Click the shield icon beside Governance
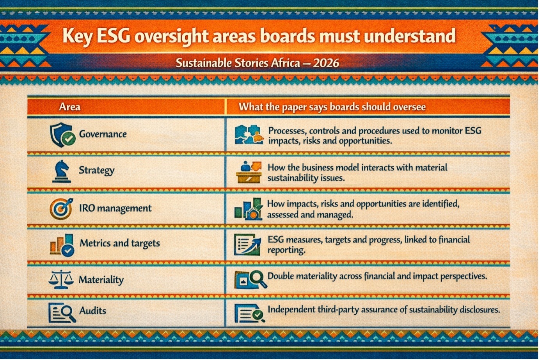click(62, 135)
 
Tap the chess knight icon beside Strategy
click(62, 171)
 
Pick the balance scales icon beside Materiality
click(61, 280)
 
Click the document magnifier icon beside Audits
click(62, 313)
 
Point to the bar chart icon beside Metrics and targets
click(62, 245)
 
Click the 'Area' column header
click(70, 107)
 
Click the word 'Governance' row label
click(103, 134)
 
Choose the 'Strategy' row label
click(96, 170)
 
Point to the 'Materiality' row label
click(101, 280)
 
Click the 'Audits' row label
click(92, 311)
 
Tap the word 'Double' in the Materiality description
click(281, 276)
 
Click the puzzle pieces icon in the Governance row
click(249, 135)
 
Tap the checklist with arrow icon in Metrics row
click(247, 245)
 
